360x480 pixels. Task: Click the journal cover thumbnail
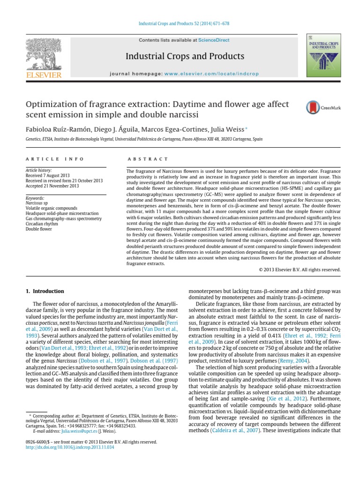[323, 55]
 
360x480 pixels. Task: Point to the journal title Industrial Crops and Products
[184, 57]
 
